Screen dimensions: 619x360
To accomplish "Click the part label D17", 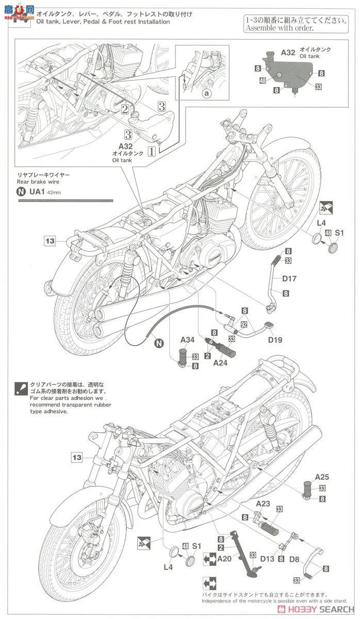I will tap(289, 279).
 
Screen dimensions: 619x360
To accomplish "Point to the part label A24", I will tap(220, 362).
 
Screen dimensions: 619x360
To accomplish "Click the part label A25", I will tap(322, 477).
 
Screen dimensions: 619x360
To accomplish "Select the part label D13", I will tap(267, 558).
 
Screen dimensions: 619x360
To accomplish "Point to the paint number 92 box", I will tap(244, 325).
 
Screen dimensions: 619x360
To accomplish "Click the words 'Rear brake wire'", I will tap(38, 182).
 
